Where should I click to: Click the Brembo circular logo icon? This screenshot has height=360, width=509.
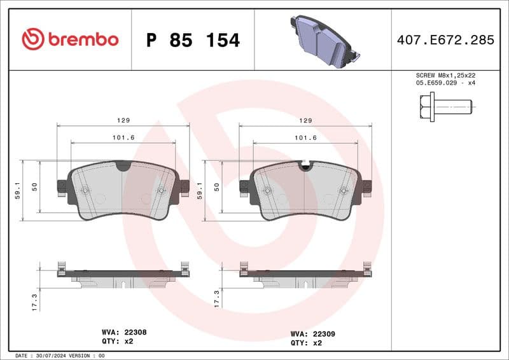[32, 39]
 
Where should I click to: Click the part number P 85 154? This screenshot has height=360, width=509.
[193, 40]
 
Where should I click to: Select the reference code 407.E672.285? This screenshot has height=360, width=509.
[445, 40]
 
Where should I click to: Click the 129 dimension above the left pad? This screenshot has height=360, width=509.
[123, 120]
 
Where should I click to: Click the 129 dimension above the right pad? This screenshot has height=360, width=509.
[305, 120]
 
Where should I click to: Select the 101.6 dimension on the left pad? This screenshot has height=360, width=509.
[123, 137]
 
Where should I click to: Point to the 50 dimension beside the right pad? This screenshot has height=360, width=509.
[217, 187]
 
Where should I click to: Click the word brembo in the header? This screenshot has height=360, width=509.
[83, 39]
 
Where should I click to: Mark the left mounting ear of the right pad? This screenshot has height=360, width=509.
[244, 186]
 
